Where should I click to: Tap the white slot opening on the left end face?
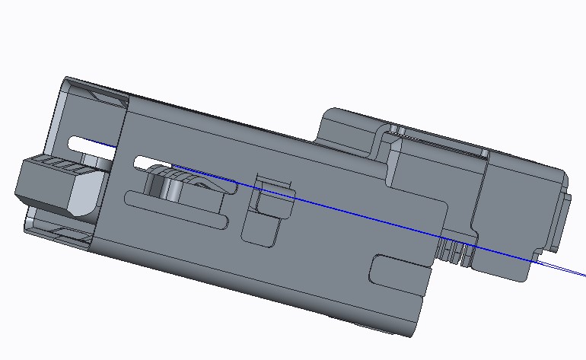tap(91, 143)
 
